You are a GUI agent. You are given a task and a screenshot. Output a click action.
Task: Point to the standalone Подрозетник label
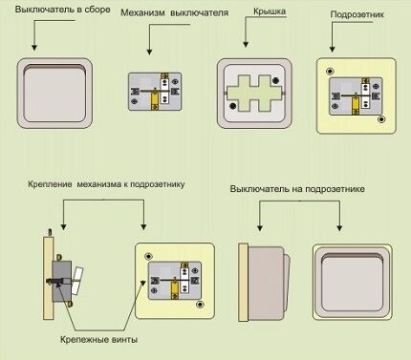(x=356, y=17)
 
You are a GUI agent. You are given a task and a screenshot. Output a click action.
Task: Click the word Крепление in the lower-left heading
(x=50, y=181)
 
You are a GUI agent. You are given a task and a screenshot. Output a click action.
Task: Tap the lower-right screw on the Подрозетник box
(x=380, y=120)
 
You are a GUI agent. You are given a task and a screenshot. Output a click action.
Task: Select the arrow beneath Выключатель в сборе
(x=34, y=38)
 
